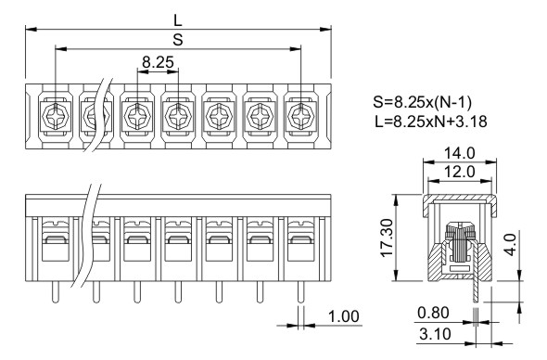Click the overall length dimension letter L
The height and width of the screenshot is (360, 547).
click(x=178, y=20)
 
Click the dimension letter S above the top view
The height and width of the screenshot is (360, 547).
click(x=178, y=40)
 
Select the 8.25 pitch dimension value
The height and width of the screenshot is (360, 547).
click(x=158, y=62)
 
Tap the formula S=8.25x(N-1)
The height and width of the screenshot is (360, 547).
click(x=422, y=102)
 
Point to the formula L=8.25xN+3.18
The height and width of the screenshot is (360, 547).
click(x=430, y=122)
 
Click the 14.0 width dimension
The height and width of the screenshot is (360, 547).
click(x=460, y=153)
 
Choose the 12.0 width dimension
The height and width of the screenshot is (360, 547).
click(x=460, y=172)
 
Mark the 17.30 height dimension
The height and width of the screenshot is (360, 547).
click(x=388, y=238)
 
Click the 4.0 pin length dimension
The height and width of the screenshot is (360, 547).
click(x=510, y=245)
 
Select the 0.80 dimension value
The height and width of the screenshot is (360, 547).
click(x=433, y=313)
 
